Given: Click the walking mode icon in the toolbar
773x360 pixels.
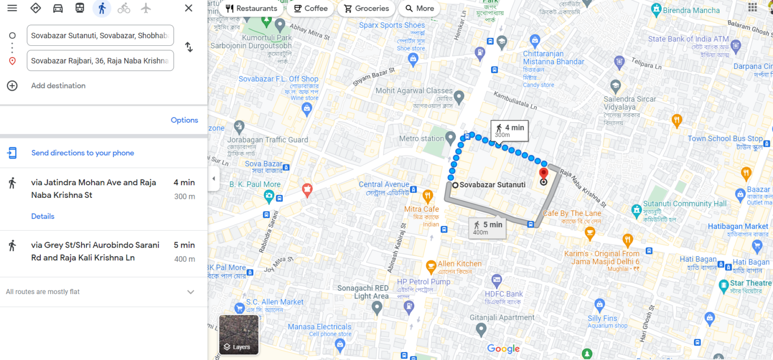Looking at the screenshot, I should pyautogui.click(x=102, y=8).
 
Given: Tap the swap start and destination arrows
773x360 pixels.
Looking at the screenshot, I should pyautogui.click(x=189, y=47).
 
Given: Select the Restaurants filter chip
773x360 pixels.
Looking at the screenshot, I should pyautogui.click(x=251, y=9).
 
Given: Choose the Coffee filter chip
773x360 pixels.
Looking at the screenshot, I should pyautogui.click(x=310, y=9).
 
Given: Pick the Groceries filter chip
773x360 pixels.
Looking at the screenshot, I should pyautogui.click(x=366, y=9).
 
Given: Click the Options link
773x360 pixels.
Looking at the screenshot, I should pyautogui.click(x=184, y=120).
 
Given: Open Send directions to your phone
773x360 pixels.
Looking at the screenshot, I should pyautogui.click(x=83, y=153).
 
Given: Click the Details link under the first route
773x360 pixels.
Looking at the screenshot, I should pyautogui.click(x=43, y=216).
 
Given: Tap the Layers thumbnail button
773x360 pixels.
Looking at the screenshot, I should pyautogui.click(x=239, y=335).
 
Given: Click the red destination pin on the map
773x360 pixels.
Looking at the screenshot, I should pyautogui.click(x=544, y=174).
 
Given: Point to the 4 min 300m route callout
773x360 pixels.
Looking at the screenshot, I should pyautogui.click(x=510, y=130).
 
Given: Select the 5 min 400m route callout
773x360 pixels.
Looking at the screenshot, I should pyautogui.click(x=487, y=228).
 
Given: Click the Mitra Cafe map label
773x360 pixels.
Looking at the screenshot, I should pyautogui.click(x=422, y=209).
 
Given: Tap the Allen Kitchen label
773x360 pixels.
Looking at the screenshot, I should pyautogui.click(x=459, y=264).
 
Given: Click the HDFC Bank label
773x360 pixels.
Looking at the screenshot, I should pyautogui.click(x=504, y=294).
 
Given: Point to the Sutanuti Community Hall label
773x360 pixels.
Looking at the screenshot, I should pyautogui.click(x=685, y=204).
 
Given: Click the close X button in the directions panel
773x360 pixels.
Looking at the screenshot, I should pyautogui.click(x=189, y=8).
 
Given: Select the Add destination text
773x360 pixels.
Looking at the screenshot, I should pyautogui.click(x=58, y=86).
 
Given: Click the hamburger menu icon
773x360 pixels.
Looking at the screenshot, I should pyautogui.click(x=12, y=8).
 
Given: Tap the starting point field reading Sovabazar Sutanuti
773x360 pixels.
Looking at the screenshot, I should pyautogui.click(x=100, y=35).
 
